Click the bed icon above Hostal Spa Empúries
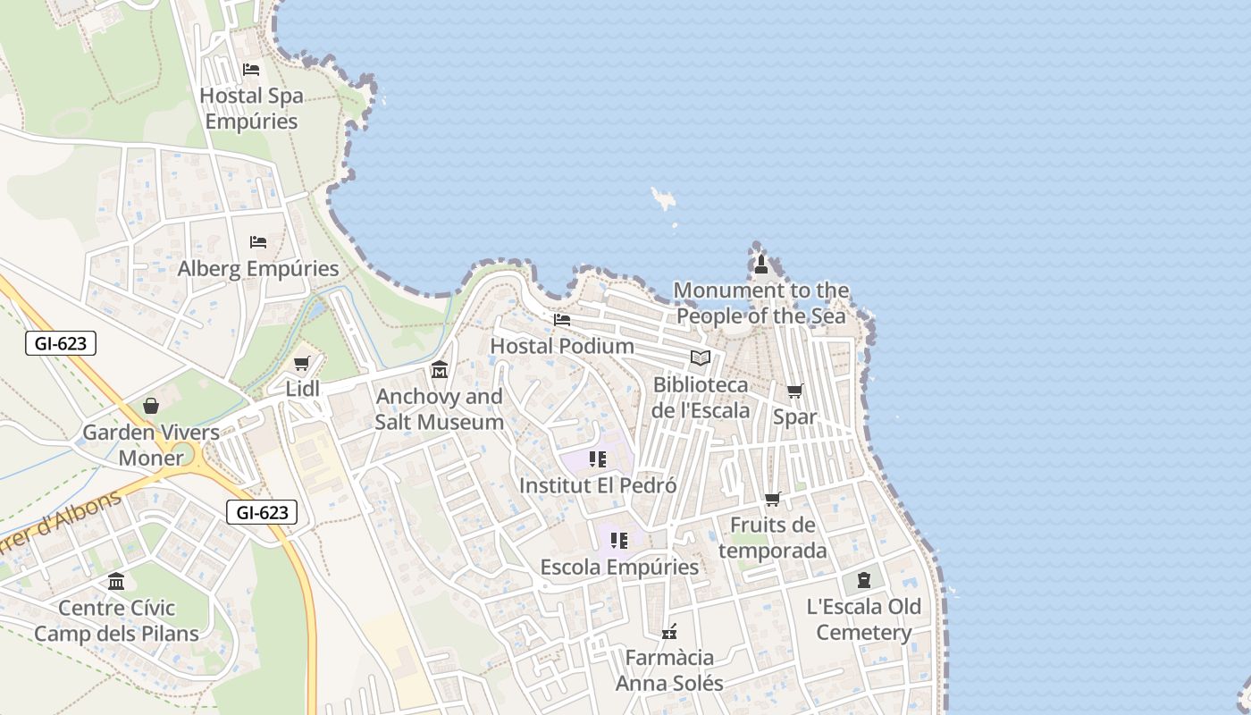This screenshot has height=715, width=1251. (x=251, y=70)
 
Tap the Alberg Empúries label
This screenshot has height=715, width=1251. (x=258, y=268)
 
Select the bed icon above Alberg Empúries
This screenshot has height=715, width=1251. (x=258, y=242)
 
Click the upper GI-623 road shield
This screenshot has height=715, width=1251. (x=60, y=342)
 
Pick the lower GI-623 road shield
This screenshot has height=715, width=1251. (x=261, y=512)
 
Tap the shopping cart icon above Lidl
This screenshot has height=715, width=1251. (x=301, y=364)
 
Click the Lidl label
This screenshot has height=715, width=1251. (x=302, y=389)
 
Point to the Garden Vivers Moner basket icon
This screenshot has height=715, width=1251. (x=151, y=407)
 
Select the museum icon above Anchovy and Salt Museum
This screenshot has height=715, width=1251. (x=439, y=369)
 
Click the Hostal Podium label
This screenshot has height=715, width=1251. (x=562, y=346)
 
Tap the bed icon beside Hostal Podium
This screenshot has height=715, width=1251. (x=562, y=319)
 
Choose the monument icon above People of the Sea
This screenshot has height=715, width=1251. (x=760, y=264)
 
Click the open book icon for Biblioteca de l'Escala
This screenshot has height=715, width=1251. (x=701, y=358)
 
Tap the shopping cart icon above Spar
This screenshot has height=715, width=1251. (x=794, y=391)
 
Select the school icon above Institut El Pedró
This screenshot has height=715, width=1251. (x=598, y=459)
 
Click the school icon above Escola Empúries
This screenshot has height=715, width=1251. (x=619, y=541)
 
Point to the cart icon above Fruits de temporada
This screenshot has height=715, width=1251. (x=772, y=500)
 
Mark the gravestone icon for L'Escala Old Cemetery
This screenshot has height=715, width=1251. (x=863, y=581)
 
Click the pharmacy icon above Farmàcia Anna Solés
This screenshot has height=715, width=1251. (x=668, y=632)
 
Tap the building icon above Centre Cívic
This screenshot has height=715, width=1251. (x=116, y=582)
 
